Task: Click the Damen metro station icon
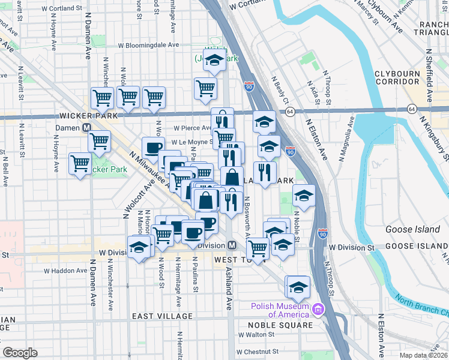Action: pyautogui.click(x=87, y=128)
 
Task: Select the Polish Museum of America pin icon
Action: pyautogui.click(x=318, y=310)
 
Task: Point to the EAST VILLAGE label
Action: pyautogui.click(x=162, y=316)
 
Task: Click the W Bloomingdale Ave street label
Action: pyautogui.click(x=148, y=45)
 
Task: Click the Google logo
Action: pyautogui.click(x=19, y=353)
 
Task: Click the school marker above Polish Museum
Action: pyautogui.click(x=298, y=287)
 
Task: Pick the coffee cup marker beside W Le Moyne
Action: pyautogui.click(x=153, y=148)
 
